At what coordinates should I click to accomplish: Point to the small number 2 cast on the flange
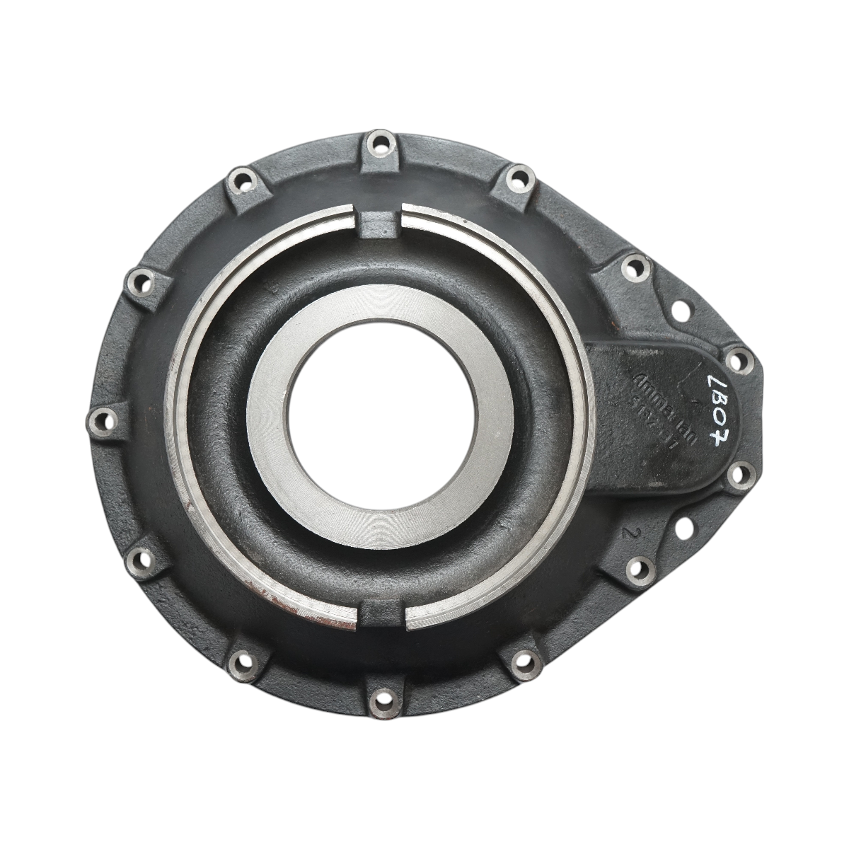pyautogui.click(x=624, y=532)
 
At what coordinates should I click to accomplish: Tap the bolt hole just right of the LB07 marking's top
pyautogui.click(x=738, y=361)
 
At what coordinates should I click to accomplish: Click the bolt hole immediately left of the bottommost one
pyautogui.click(x=244, y=662)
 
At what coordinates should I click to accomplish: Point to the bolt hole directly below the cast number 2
pyautogui.click(x=639, y=567)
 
